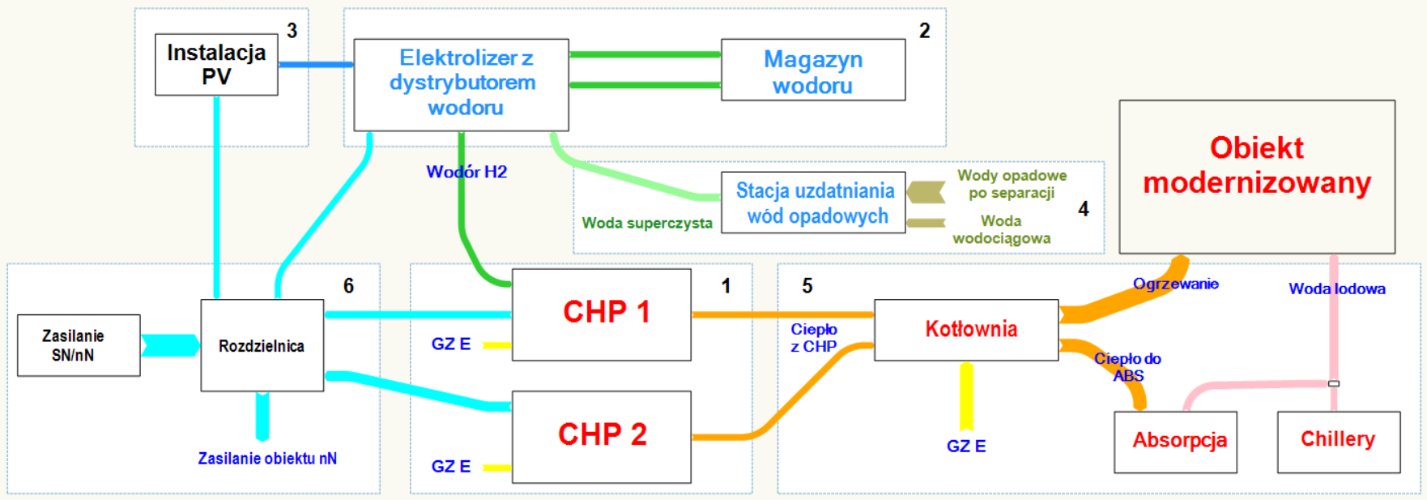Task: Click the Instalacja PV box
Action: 216,65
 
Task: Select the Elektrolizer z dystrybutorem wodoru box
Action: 461,84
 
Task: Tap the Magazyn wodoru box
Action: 812,71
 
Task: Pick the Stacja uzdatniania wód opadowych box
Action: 813,203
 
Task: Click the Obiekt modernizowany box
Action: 1256,177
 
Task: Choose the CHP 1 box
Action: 601,314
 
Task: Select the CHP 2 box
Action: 601,437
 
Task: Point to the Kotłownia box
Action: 966,330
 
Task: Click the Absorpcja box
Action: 1175,442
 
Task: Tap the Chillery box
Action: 1338,442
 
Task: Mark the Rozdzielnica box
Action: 262,346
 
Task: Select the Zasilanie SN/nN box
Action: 79,345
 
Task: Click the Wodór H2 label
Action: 466,172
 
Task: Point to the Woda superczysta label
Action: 647,223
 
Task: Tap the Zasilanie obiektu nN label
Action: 267,459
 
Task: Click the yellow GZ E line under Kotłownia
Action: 966,397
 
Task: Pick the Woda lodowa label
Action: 1336,288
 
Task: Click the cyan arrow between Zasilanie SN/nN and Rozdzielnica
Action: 170,345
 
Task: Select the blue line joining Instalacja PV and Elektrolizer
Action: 316,64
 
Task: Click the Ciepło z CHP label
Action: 813,338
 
